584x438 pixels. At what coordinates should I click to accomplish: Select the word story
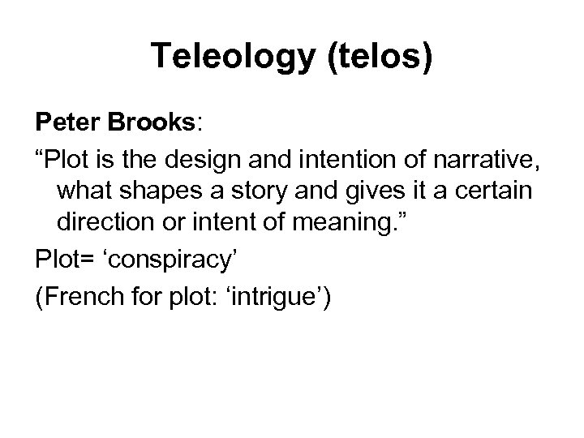click(x=260, y=193)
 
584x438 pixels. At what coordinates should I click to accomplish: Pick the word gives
click(x=373, y=193)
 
